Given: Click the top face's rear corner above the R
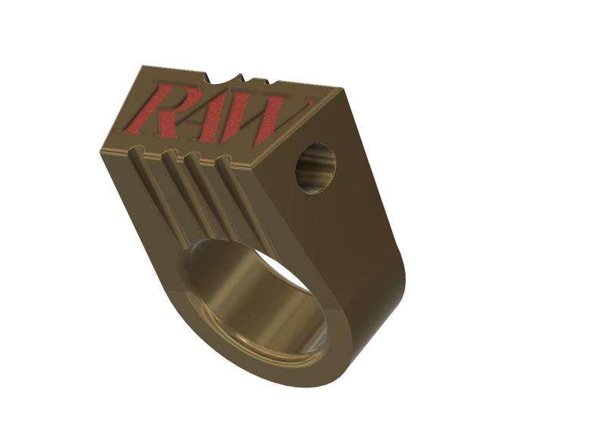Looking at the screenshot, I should point(144,68).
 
